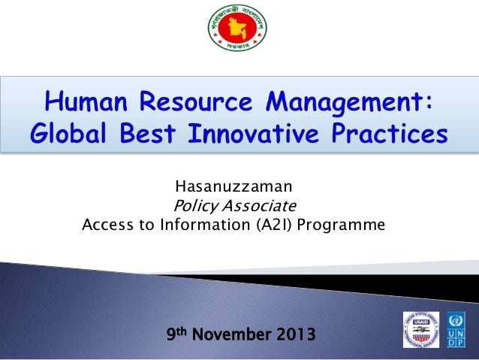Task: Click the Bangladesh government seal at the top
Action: tap(239, 34)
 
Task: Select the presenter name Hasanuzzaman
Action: tap(233, 186)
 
